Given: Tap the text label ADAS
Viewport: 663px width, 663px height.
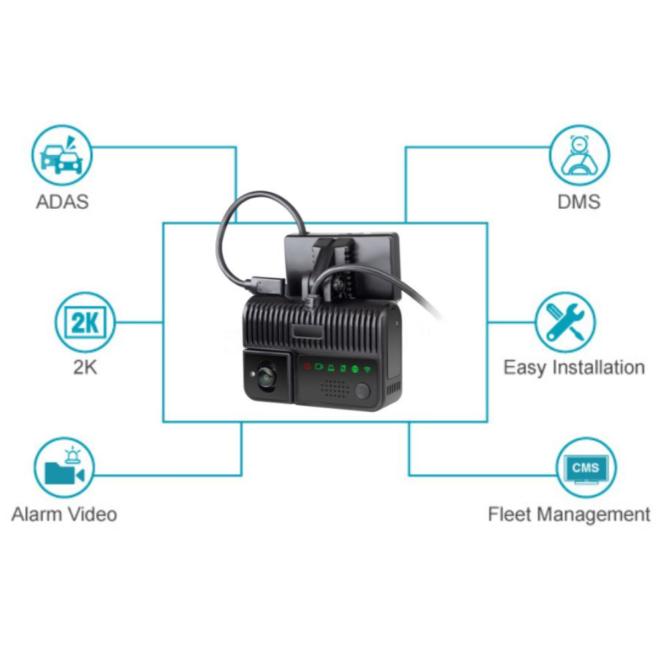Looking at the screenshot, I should pos(62,202).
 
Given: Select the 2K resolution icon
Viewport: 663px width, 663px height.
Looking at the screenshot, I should pos(85,322).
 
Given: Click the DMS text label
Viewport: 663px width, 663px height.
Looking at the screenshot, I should pos(579,202).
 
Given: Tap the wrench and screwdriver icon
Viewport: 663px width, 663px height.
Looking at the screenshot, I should pos(565,322).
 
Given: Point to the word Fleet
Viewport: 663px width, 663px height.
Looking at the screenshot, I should pos(511,514).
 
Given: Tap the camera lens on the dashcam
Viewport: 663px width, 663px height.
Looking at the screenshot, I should pos(266,375).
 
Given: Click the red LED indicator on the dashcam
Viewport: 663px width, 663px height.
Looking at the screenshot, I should pos(307,367).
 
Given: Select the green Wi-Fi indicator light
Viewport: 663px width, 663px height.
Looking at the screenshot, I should pos(366,367).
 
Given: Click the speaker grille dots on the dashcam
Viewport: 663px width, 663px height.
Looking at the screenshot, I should pos(335,388).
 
